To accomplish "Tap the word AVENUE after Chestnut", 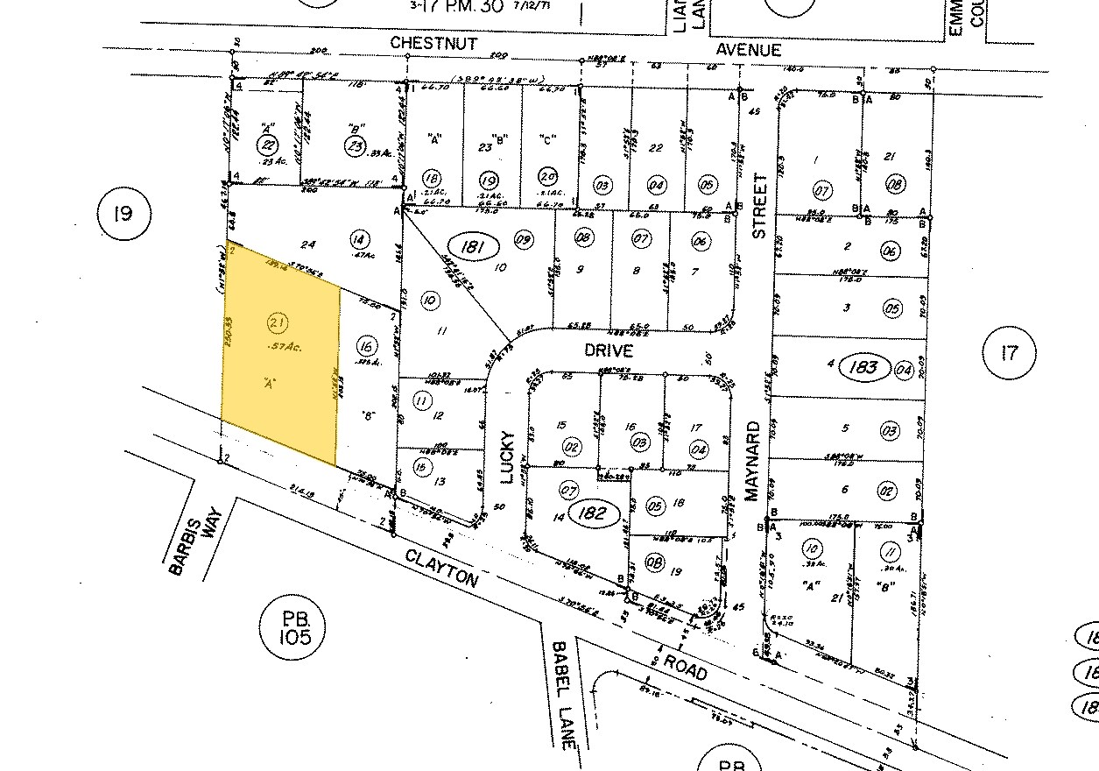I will pos(748,50).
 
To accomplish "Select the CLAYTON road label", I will pos(442,568).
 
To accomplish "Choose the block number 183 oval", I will pos(863,366).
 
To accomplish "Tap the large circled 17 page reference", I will pos(1010,354).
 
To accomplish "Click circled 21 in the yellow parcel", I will pos(278,324).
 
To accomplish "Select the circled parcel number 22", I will pos(266,144).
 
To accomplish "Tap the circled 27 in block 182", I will pos(569,490).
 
